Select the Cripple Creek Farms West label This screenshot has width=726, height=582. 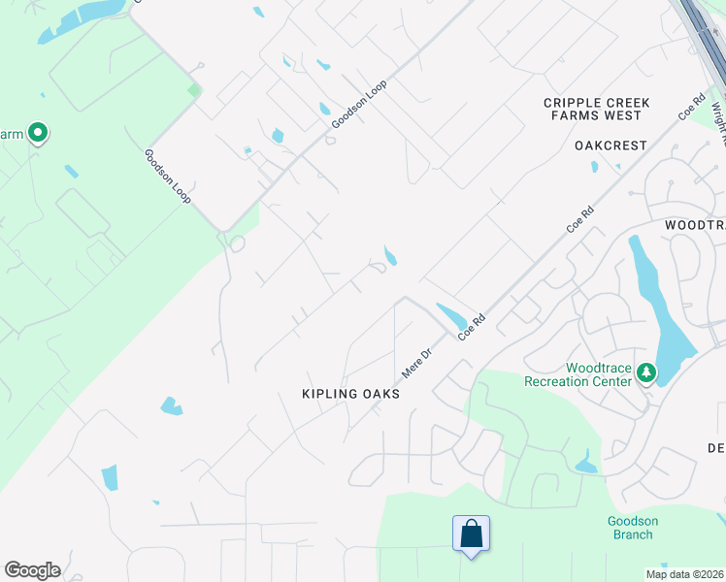point(596,109)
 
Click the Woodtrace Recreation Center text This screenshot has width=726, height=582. point(577,374)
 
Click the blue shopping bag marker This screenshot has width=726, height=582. point(471,533)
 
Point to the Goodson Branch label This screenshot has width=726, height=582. point(633,528)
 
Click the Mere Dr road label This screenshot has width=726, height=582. point(415,364)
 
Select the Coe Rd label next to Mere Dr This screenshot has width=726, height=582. point(471,326)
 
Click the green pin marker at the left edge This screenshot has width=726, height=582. point(38,132)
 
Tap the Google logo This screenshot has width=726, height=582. point(32,570)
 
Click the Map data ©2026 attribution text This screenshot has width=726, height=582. point(685,574)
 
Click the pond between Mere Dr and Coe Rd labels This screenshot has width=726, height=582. point(450,316)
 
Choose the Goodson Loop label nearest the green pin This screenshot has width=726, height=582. point(167,176)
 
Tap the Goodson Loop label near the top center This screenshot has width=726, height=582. point(359,105)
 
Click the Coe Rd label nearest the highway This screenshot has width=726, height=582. point(691,107)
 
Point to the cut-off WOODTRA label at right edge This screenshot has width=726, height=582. point(695,224)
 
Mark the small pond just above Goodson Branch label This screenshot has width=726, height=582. point(586,463)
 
